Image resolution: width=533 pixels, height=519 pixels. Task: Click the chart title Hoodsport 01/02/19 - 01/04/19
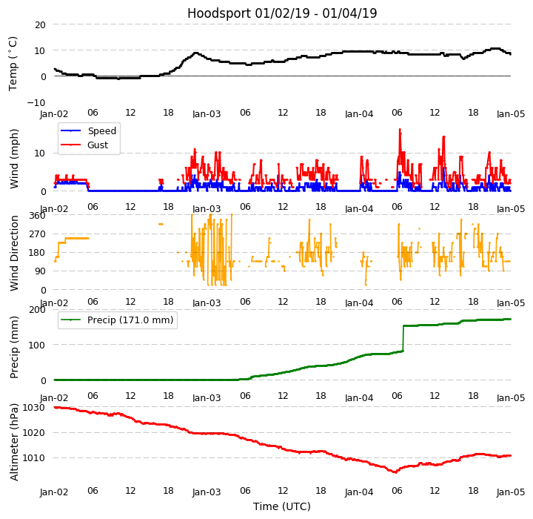pos(282,13)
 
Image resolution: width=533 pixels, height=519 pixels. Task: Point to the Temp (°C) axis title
pos(13,63)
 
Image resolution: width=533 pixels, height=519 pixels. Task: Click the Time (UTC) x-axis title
pos(282,506)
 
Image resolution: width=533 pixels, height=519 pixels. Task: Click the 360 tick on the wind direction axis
pos(37,215)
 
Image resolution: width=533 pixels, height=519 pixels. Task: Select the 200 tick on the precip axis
pos(37,310)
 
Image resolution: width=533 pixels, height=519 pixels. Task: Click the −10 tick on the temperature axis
pos(36,102)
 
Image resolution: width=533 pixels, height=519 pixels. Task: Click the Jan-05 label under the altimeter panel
pos(511,491)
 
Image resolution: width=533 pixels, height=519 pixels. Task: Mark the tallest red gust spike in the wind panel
pos(400,130)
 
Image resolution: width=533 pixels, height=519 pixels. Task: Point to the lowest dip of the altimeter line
pos(395,472)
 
